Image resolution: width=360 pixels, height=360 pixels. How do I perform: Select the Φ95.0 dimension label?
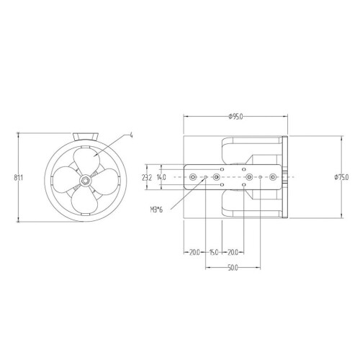(x=235, y=117)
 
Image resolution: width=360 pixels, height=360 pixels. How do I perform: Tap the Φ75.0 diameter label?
(x=341, y=177)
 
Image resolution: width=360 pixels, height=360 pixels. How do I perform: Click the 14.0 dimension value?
(x=161, y=178)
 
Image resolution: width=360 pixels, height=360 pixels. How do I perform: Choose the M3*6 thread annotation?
(x=156, y=210)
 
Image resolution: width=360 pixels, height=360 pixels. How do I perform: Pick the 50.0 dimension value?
(x=233, y=268)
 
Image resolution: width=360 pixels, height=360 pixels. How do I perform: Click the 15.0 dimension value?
(x=214, y=253)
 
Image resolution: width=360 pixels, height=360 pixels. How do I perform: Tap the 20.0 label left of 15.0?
(x=194, y=253)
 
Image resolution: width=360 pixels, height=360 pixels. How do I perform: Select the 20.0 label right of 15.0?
(x=233, y=253)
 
